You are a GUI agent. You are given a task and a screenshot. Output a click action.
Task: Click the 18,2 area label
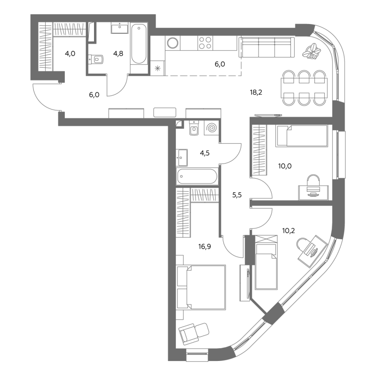click(256, 92)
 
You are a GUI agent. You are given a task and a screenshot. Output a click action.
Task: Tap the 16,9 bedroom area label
click(204, 246)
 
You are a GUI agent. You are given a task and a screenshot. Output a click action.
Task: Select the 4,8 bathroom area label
click(118, 54)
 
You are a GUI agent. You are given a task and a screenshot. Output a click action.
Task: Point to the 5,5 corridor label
click(237, 195)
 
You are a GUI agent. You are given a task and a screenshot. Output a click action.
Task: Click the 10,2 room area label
click(289, 231)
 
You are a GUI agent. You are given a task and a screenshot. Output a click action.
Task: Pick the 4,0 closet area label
click(70, 54)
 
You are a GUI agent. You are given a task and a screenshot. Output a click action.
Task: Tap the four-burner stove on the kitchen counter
click(205, 43)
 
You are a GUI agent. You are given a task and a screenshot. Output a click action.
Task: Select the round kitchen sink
click(172, 43)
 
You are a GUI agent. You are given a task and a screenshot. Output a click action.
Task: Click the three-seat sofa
click(266, 47)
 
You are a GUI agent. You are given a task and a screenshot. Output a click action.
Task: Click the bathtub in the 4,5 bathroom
click(197, 177)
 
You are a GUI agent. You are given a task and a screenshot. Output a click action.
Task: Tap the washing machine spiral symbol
click(211, 128)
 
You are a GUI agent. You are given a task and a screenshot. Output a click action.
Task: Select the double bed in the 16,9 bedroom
click(201, 287)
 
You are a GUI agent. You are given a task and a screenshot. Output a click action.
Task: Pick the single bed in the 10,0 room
click(301, 136)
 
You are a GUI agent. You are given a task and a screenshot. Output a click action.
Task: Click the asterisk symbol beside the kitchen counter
click(157, 69)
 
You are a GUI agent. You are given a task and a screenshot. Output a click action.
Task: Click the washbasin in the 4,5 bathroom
click(182, 157)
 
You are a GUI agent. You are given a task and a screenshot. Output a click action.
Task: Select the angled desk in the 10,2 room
click(313, 251)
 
